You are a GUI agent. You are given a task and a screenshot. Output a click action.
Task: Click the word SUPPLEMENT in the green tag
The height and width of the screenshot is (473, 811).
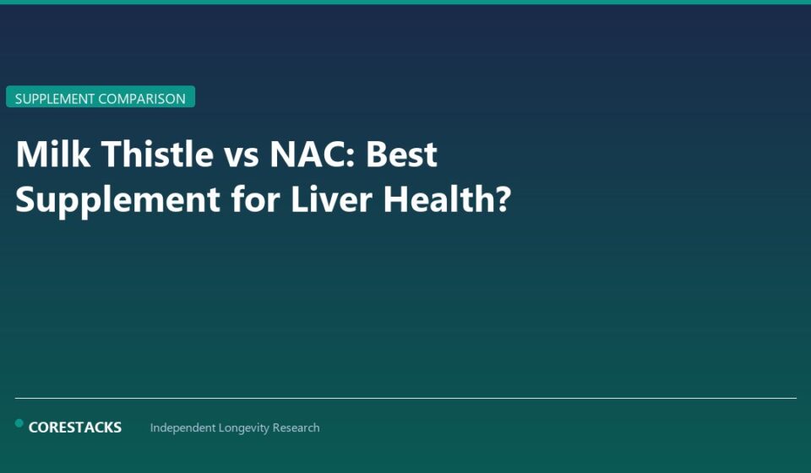(55, 99)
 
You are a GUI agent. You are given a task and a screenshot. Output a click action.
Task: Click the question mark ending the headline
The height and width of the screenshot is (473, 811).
(503, 199)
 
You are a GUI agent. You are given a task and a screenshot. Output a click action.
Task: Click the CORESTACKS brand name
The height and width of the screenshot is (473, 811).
(75, 427)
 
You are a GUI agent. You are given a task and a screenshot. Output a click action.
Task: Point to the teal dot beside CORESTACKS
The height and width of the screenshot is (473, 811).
(19, 423)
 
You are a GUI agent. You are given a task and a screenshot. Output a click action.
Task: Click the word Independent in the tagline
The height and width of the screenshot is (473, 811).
(183, 428)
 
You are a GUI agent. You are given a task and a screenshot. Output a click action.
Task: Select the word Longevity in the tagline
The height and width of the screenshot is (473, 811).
(249, 428)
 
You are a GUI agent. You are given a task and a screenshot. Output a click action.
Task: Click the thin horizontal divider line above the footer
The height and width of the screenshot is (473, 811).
(405, 398)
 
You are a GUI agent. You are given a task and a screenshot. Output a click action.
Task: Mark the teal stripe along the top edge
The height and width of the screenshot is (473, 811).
(405, 2)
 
